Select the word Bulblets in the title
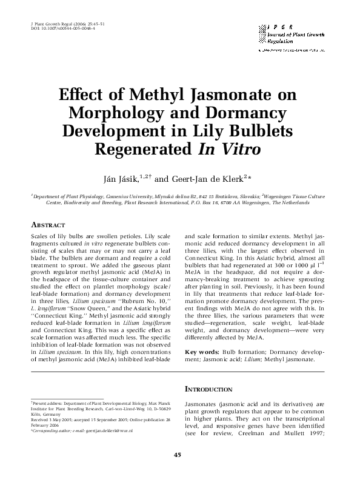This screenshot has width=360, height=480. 259,131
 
